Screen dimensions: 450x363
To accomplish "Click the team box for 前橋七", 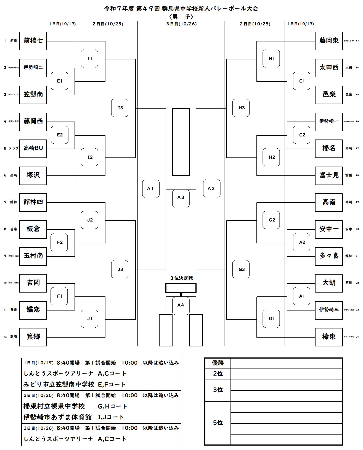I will [33, 41].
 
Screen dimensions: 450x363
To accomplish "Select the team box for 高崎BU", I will [33, 148].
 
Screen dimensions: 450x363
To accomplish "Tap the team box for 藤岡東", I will [329, 41].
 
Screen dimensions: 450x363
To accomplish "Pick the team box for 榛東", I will [329, 337].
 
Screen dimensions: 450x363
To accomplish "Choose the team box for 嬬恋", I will [33, 310].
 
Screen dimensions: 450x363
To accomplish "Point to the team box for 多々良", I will [329, 256].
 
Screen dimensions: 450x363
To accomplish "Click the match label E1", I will [60, 81].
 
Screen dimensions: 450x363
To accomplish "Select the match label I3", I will [120, 108].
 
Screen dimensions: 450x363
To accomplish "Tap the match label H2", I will [272, 157].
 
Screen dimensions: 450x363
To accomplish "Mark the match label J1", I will [90, 319].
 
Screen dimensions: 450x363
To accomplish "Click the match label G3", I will [242, 270].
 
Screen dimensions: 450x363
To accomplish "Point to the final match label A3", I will [181, 198].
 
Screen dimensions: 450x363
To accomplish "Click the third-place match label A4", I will [181, 305].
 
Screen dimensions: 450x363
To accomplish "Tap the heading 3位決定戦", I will [181, 278].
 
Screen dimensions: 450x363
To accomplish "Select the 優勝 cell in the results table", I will [218, 363].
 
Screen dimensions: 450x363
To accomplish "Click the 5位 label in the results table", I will [218, 423].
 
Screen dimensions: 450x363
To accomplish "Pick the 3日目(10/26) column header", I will [181, 24].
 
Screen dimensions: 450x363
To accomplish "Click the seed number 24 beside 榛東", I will [357, 337].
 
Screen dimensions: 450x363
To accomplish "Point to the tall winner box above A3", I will [181, 142].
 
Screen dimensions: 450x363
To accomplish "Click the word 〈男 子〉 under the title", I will [181, 17].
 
